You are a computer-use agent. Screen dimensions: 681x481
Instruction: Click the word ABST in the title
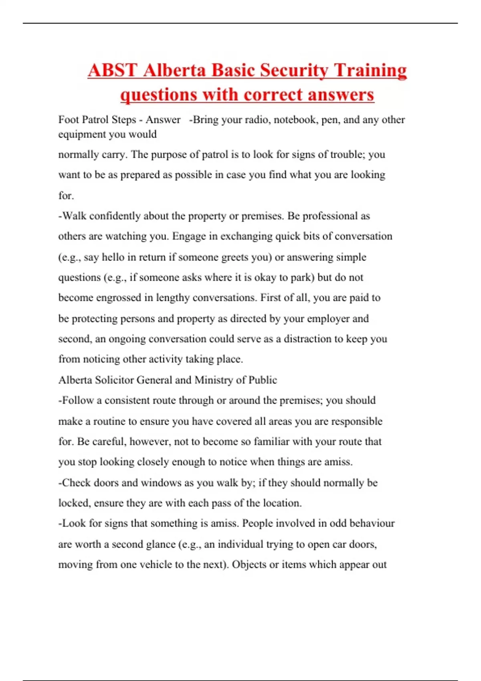pyautogui.click(x=113, y=71)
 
